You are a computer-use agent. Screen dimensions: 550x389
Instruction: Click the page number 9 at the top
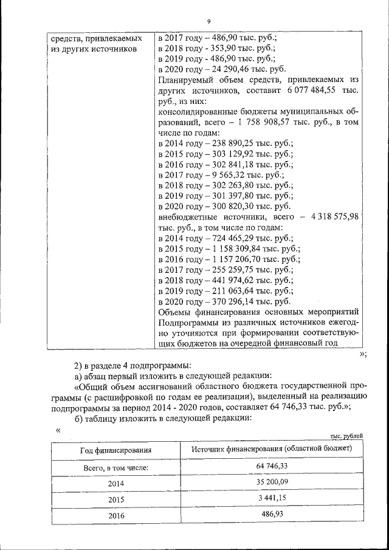click(208, 22)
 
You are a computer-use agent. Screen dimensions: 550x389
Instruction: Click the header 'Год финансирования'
click(115, 450)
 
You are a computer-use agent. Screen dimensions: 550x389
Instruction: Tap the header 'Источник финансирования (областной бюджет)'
click(271, 449)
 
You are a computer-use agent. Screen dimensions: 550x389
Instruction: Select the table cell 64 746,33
click(271, 466)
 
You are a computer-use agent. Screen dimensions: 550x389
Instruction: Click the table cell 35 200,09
click(271, 481)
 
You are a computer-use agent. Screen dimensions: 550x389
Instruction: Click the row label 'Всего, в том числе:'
click(115, 467)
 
